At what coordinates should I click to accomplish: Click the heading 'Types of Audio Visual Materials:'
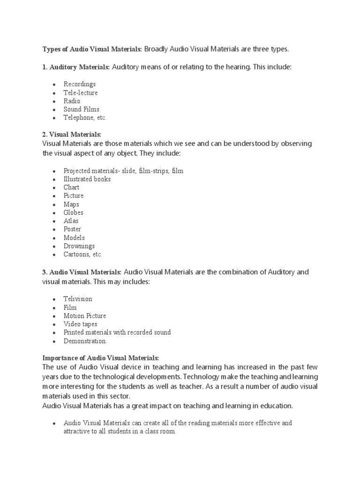click(92, 49)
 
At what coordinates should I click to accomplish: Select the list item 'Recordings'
click(80, 84)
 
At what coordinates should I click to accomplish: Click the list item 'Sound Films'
click(82, 109)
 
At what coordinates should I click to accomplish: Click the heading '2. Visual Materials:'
click(72, 135)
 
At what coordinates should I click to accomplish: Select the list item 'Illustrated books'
click(87, 179)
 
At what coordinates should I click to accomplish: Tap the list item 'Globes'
click(74, 212)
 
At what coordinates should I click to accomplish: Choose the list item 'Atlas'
click(71, 221)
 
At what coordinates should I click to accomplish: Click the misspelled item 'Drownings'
click(79, 246)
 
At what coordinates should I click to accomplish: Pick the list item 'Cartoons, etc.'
click(83, 255)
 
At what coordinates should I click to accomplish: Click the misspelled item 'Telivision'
click(78, 299)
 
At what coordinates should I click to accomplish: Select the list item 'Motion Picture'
click(85, 315)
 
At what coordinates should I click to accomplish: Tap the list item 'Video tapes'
click(81, 324)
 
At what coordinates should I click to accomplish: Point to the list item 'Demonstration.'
click(85, 341)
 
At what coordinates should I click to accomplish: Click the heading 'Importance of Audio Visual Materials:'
click(101, 358)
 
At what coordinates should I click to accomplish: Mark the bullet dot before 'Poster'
click(55, 230)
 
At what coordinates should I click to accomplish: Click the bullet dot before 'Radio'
click(55, 101)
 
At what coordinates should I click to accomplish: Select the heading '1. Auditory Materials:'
click(76, 67)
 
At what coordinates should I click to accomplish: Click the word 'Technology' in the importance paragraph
click(204, 376)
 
